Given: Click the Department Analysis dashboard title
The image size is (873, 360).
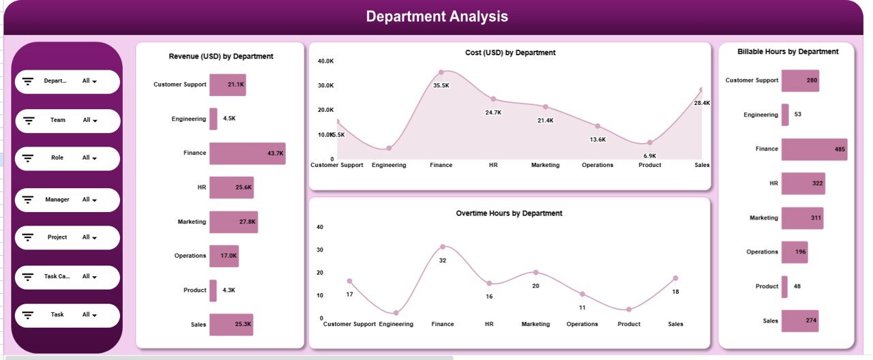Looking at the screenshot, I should (436, 17).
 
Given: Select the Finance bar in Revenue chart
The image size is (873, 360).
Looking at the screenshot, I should (247, 153).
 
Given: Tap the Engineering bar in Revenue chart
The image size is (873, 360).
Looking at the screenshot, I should (213, 119).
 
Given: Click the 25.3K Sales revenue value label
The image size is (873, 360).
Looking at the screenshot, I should (243, 325).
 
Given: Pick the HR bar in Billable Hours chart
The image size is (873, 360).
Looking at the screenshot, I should (803, 183).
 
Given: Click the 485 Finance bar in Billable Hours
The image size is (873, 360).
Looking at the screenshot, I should (814, 149).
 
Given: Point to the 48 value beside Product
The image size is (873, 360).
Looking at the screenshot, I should (797, 286).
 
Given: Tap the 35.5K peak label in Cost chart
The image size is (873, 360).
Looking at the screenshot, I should (441, 85).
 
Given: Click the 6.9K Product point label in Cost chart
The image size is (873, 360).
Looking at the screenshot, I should (649, 156).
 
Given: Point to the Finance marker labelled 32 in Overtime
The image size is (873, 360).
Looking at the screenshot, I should (443, 247).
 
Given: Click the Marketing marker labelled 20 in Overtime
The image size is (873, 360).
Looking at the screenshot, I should (535, 273).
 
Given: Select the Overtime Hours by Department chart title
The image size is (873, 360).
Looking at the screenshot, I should (509, 213).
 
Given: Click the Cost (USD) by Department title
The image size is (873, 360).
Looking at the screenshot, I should (509, 52).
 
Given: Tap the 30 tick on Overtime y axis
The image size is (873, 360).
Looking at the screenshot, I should (320, 250).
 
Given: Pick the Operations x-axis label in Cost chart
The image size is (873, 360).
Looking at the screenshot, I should (597, 165).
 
